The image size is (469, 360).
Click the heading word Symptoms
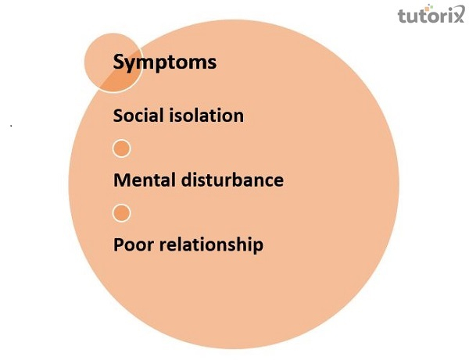click(x=164, y=62)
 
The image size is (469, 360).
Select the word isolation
click(x=206, y=116)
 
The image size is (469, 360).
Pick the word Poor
click(x=133, y=244)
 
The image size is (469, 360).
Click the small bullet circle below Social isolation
click(x=121, y=148)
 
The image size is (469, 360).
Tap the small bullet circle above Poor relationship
click(x=121, y=212)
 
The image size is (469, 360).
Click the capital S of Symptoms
click(x=120, y=62)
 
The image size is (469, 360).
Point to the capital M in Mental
click(x=122, y=180)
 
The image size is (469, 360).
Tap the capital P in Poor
click(x=119, y=244)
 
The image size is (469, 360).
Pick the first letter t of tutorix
click(x=401, y=16)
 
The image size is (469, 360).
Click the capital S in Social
click(x=118, y=116)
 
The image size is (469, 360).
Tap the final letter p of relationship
click(x=258, y=247)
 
